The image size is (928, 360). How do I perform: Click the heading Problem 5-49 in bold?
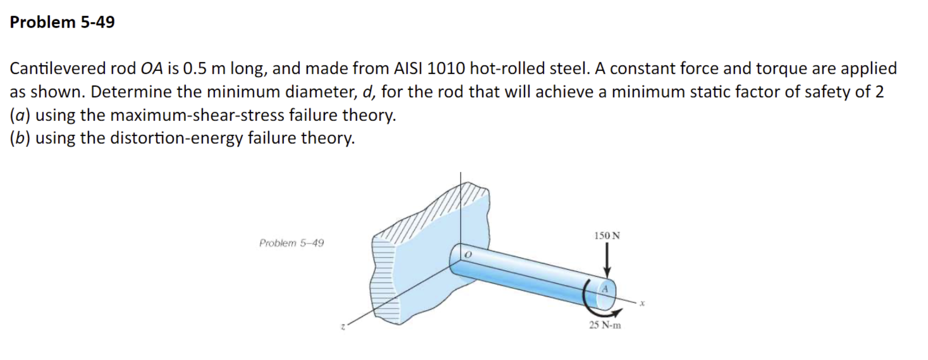pyautogui.click(x=62, y=22)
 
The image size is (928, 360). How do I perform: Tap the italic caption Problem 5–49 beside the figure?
pyautogui.click(x=291, y=243)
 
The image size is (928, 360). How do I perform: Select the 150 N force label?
pyautogui.click(x=607, y=236)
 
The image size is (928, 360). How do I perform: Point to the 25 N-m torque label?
pyautogui.click(x=605, y=325)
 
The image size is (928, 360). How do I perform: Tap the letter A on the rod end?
pyautogui.click(x=605, y=289)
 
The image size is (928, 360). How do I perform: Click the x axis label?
pyautogui.click(x=642, y=303)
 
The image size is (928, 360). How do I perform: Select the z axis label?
pyautogui.click(x=342, y=327)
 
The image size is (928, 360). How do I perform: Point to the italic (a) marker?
pyautogui.click(x=20, y=115)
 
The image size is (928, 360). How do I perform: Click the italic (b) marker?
pyautogui.click(x=20, y=138)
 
